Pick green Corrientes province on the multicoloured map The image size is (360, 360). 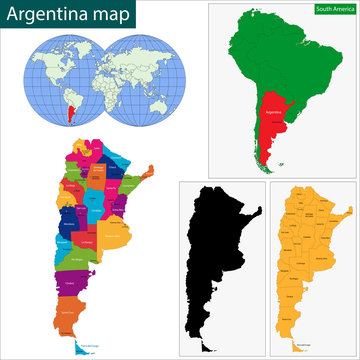[x=126, y=184]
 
